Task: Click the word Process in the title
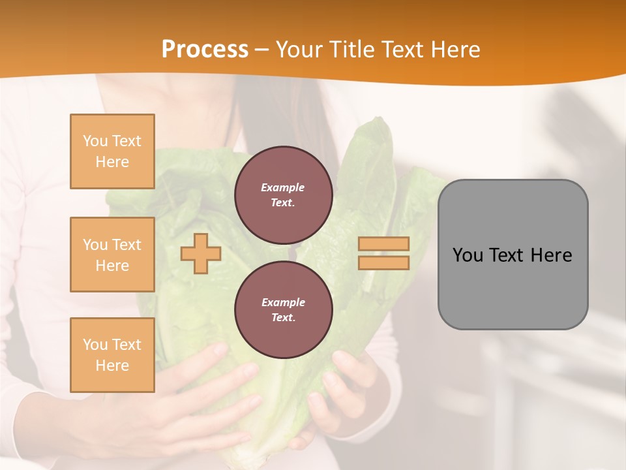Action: tap(205, 50)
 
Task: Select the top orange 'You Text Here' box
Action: tap(112, 151)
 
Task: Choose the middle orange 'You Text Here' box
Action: tap(112, 255)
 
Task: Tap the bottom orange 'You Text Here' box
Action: tap(112, 355)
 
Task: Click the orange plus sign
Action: tap(200, 254)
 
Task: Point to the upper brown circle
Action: tap(284, 195)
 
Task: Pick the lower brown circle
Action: tap(284, 310)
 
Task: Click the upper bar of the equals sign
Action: tap(384, 244)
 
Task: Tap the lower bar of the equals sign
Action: tap(384, 263)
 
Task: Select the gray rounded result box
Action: tap(513, 255)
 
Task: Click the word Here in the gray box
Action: tap(551, 255)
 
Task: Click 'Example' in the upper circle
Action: tap(282, 187)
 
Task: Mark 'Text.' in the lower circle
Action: tap(283, 317)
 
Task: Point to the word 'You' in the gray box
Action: tap(468, 255)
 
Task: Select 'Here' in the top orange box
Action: tap(112, 162)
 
